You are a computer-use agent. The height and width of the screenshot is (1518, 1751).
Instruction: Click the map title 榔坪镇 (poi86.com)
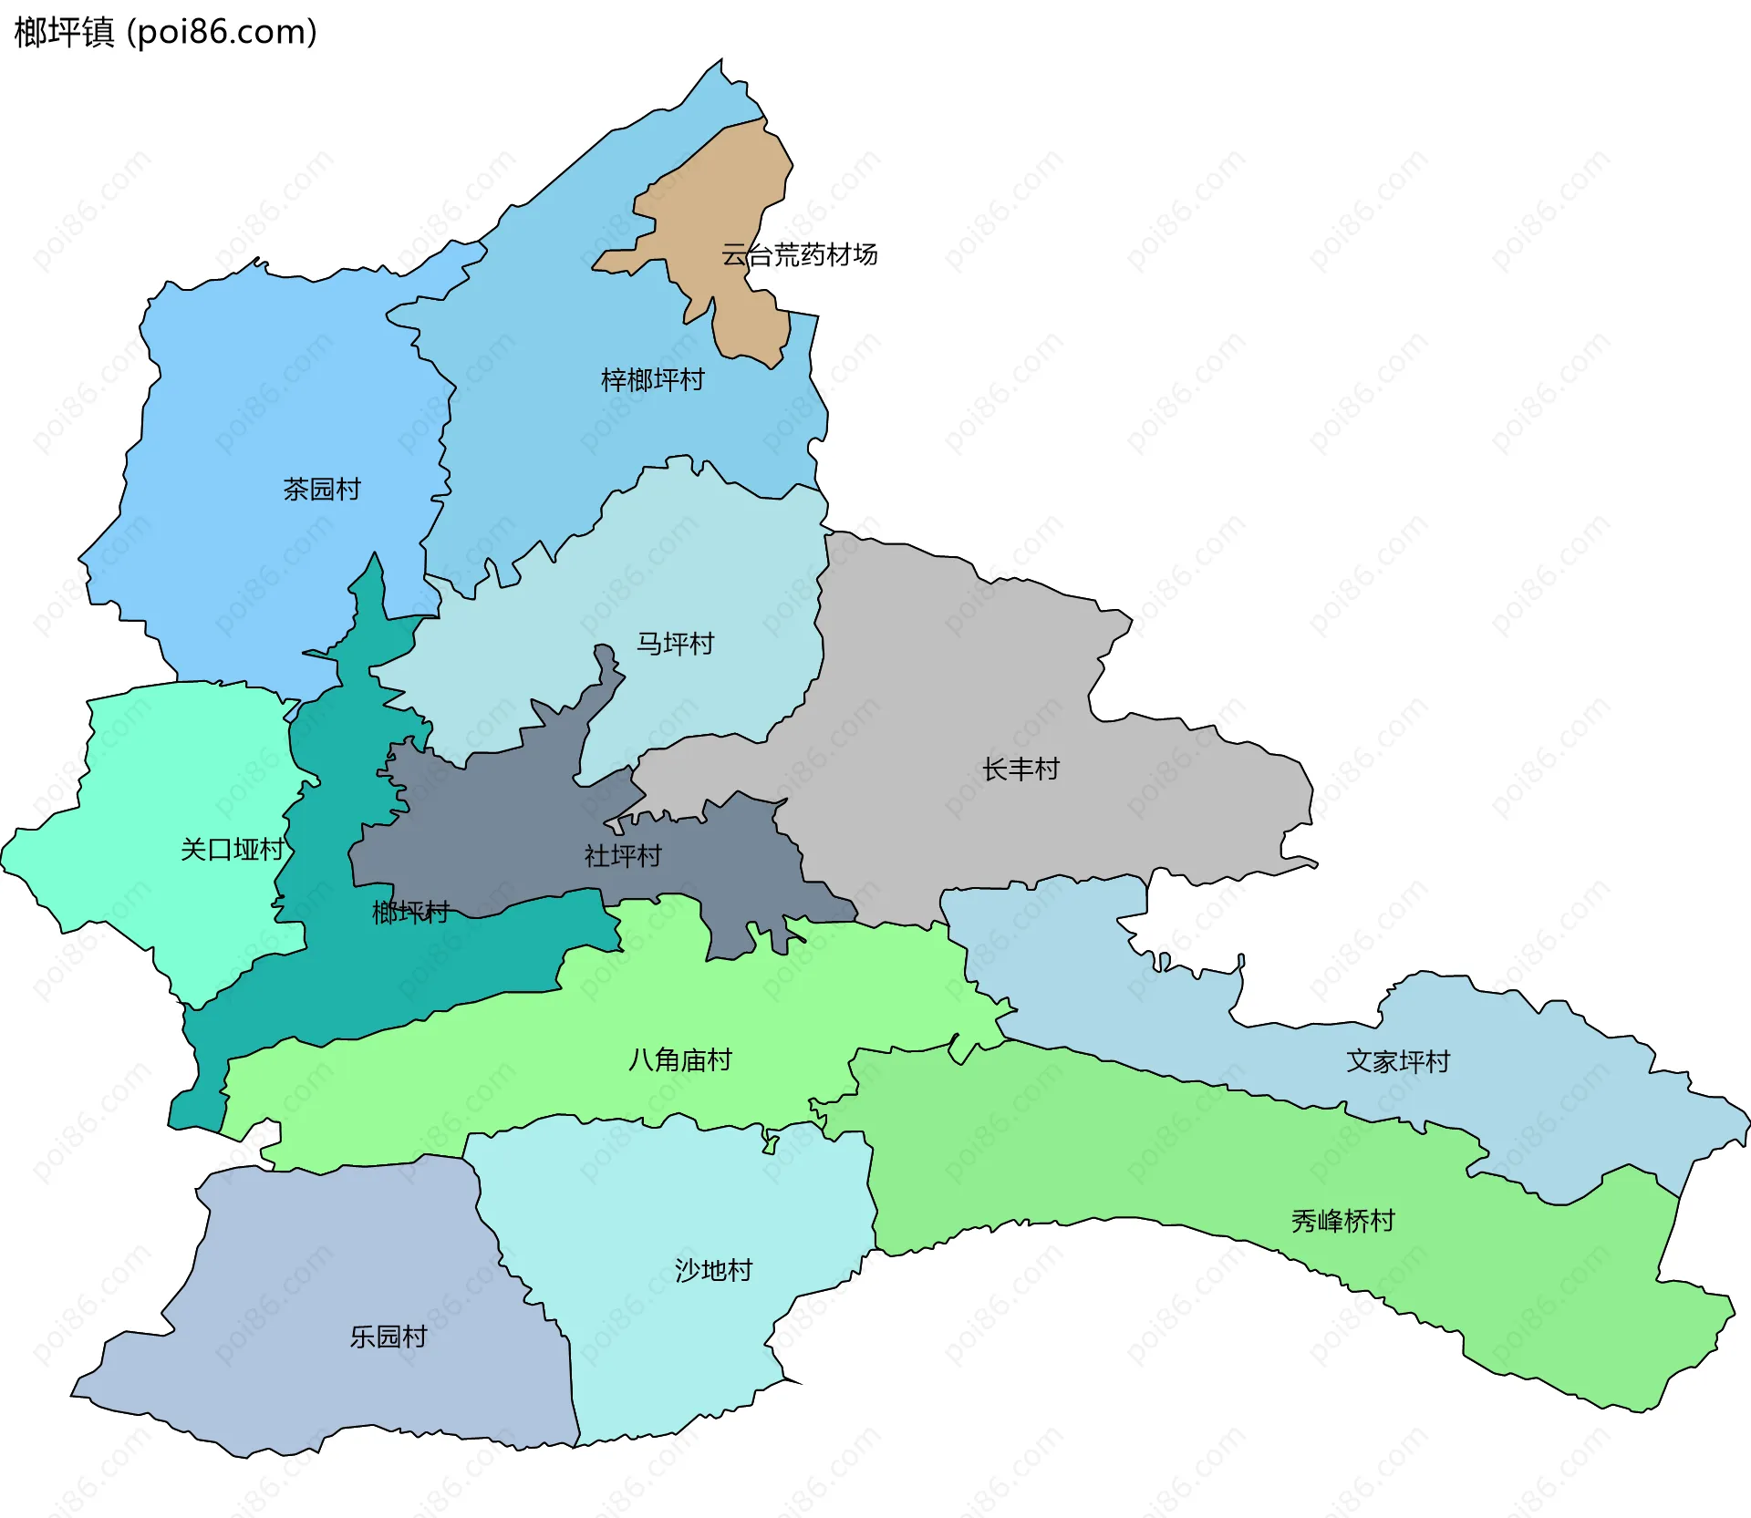(165, 32)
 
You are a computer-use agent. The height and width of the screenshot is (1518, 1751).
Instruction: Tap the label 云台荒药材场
(799, 254)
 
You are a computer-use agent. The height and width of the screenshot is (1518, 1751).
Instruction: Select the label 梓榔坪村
(653, 379)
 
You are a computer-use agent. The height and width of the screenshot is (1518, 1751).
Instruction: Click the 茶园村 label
(322, 489)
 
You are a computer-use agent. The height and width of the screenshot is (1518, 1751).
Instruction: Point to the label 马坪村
(675, 644)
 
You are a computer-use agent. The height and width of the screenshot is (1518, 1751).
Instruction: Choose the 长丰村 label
(1021, 769)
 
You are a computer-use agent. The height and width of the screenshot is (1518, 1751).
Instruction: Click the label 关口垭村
(233, 850)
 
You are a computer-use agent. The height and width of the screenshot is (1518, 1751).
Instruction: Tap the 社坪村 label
(623, 856)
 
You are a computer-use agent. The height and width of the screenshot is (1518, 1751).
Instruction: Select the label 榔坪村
(410, 912)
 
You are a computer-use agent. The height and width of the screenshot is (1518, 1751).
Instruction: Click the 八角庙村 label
(680, 1059)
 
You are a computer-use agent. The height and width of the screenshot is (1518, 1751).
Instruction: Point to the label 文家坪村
(1398, 1061)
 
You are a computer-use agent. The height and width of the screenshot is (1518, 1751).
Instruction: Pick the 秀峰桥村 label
(1343, 1221)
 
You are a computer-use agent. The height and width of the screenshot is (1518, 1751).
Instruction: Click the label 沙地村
(713, 1270)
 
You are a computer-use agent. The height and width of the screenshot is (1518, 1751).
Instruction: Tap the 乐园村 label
(389, 1337)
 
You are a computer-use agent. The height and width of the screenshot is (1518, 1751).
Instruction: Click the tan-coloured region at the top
(720, 201)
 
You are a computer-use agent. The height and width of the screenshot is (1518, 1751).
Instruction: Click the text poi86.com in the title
(222, 32)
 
